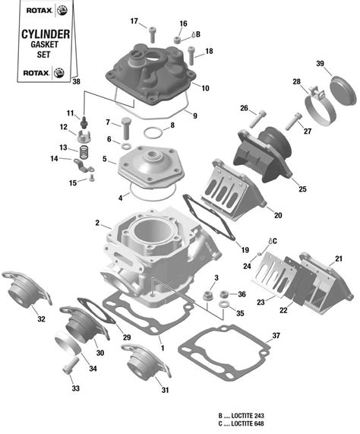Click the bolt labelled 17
point(152,33)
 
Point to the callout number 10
point(205,88)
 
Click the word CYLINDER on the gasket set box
point(45,35)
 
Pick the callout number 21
point(338,258)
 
